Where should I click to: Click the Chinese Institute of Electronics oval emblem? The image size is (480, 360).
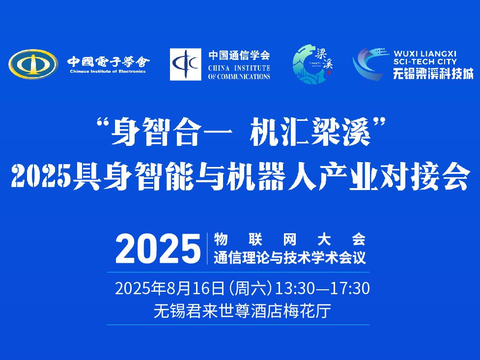coord(32,64)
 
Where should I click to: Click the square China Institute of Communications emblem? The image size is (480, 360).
coord(186,65)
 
